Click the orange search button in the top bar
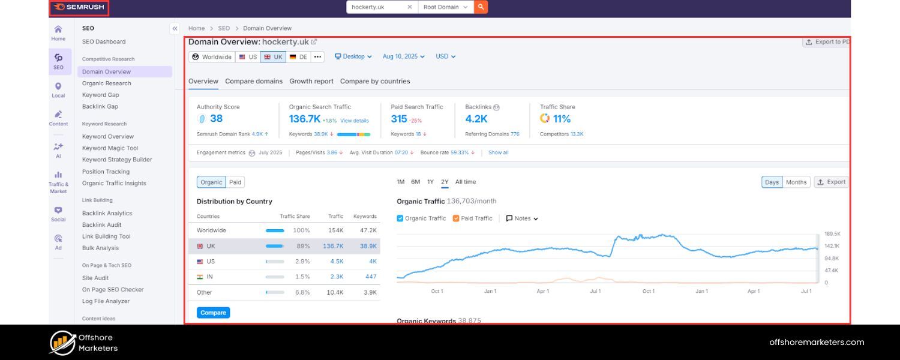(481, 7)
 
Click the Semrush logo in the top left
(79, 7)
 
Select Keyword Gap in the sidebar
(100, 95)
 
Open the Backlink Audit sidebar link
(101, 225)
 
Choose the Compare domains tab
(254, 81)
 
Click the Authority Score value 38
(216, 119)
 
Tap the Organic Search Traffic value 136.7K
(305, 119)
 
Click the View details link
(355, 121)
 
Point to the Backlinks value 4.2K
(476, 119)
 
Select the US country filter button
(247, 57)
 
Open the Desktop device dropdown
(353, 56)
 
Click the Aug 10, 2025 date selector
(403, 56)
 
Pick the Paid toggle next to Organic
(235, 182)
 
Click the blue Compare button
(213, 313)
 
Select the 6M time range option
(415, 182)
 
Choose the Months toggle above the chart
(796, 182)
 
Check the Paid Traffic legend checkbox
(456, 218)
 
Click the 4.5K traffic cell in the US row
(337, 262)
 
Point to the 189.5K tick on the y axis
(832, 234)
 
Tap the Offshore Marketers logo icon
(62, 343)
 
